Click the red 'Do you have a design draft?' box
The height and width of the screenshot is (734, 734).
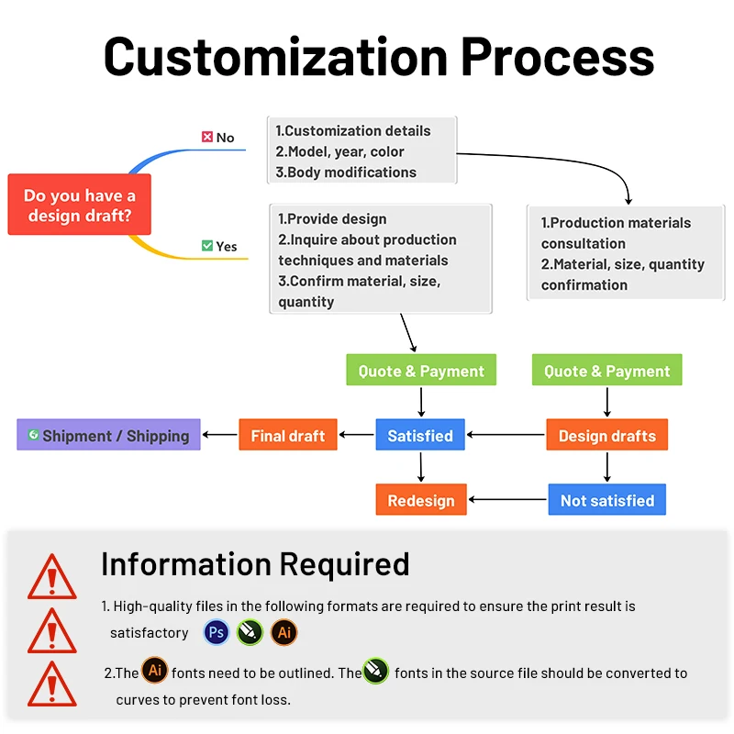click(x=79, y=206)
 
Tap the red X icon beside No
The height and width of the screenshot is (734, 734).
click(x=207, y=138)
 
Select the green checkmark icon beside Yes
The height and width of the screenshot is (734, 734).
click(x=207, y=246)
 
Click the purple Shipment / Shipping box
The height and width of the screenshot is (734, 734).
click(x=108, y=435)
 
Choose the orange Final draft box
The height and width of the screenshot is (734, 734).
click(x=288, y=435)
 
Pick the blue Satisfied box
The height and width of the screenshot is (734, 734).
click(x=420, y=435)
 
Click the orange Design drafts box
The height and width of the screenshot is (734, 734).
click(x=606, y=435)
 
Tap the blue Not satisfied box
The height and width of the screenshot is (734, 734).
click(x=606, y=500)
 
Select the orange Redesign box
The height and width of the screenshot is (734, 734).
click(x=421, y=500)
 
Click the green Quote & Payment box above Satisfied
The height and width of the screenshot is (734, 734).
click(x=421, y=371)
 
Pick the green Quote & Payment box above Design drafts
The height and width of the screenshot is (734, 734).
click(x=606, y=371)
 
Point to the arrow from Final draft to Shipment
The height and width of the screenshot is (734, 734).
click(x=219, y=435)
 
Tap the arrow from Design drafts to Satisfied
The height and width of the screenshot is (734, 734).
click(x=506, y=435)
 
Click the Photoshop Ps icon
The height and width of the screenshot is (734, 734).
click(x=217, y=632)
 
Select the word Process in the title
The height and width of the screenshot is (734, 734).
click(x=557, y=57)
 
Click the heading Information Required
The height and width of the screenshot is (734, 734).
click(x=255, y=563)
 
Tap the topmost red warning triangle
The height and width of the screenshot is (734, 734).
click(x=51, y=578)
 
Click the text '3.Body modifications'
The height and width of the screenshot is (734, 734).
click(x=346, y=172)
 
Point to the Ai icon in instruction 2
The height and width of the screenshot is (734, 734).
click(x=155, y=671)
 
